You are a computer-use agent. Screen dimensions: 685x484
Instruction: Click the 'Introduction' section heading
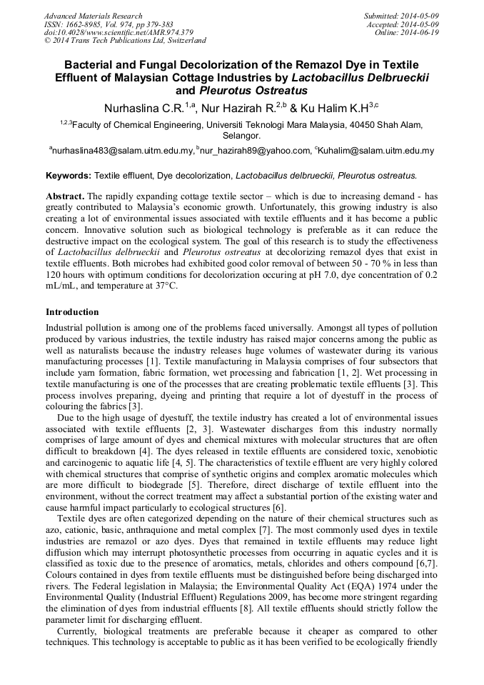coord(72,312)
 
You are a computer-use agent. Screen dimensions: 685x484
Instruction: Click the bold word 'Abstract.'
coord(66,196)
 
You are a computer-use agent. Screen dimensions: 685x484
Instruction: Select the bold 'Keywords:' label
coord(69,175)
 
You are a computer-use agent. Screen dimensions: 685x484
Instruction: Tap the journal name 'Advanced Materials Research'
coord(93,16)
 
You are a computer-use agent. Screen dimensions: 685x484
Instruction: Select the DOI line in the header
coord(118,32)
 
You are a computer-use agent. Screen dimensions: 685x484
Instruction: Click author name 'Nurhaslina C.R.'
coord(144,109)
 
